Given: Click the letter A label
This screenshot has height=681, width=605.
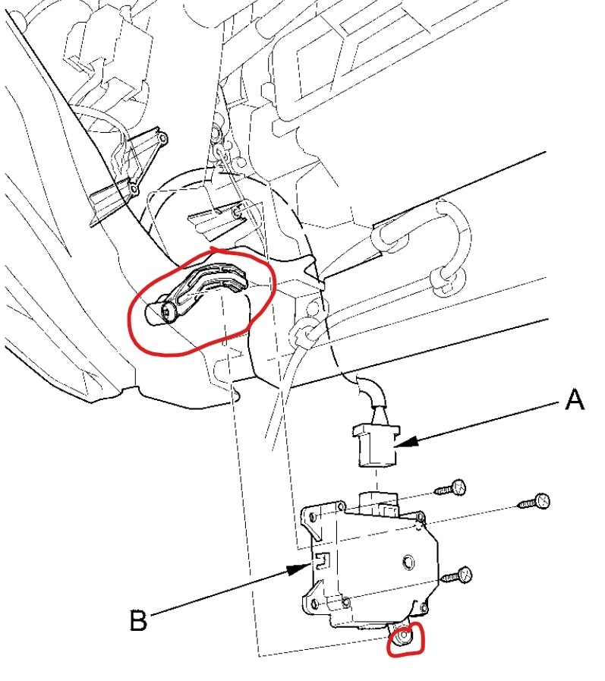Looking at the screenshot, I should click(574, 399).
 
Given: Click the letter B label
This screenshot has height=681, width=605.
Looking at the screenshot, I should click(137, 621).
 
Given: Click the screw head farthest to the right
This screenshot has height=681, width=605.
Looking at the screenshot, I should click(540, 500).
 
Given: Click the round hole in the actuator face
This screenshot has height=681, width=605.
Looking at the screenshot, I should click(408, 563).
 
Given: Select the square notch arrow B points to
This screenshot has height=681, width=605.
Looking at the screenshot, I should click(321, 560).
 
